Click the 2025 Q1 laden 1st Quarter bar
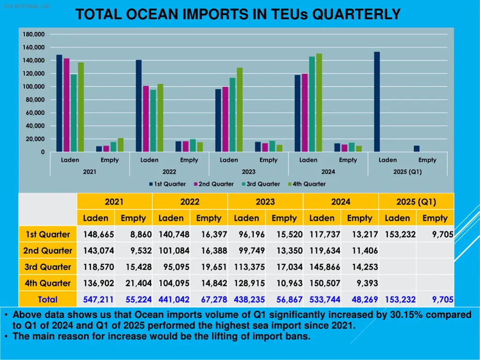[377, 102]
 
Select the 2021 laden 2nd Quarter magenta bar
[67, 105]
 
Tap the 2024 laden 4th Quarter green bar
[319, 103]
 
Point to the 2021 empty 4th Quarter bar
[120, 145]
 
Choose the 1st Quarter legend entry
[167, 184]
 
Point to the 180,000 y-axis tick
[33, 34]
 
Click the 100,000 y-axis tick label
[33, 87]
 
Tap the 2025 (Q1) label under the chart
[407, 172]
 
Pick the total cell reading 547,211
[98, 300]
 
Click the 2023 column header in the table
[265, 202]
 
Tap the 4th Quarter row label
[47, 283]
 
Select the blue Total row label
[47, 300]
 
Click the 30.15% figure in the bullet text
[407, 315]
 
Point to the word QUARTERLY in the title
[356, 15]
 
